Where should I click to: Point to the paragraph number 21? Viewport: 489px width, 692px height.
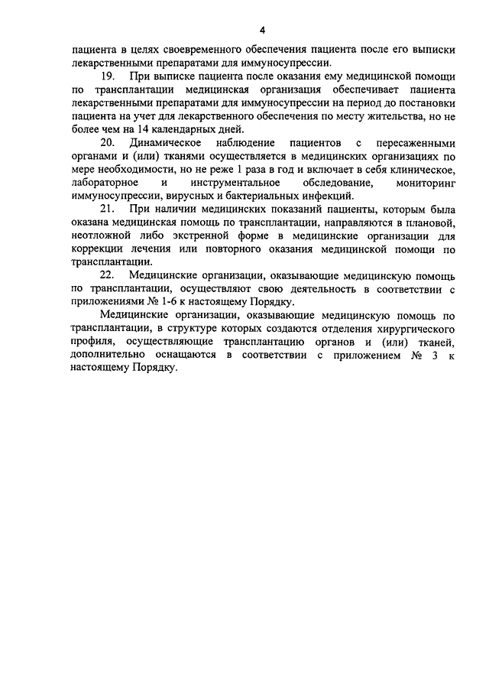[x=108, y=209]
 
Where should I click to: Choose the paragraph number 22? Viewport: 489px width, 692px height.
[x=108, y=275]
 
